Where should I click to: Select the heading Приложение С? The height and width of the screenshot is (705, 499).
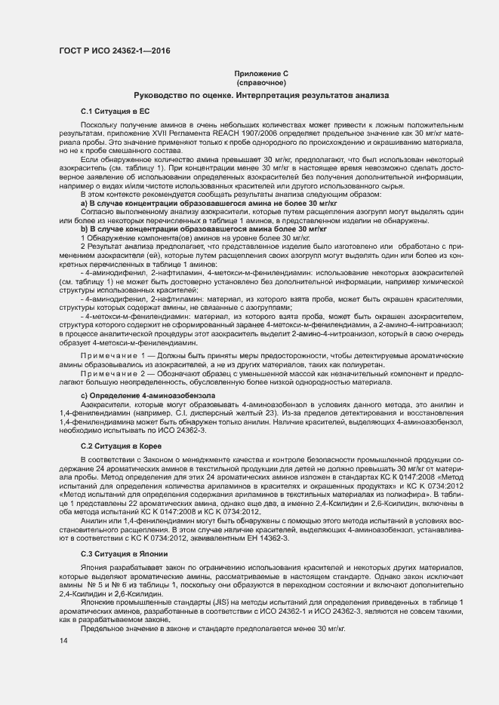click(260, 73)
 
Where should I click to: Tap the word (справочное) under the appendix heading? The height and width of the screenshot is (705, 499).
click(260, 81)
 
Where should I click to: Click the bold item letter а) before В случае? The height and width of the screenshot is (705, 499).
click(85, 204)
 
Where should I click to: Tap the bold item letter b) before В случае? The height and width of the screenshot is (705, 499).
click(85, 228)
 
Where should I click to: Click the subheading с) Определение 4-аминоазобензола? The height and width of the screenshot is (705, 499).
click(148, 395)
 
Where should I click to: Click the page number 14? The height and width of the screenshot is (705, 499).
click(62, 641)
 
